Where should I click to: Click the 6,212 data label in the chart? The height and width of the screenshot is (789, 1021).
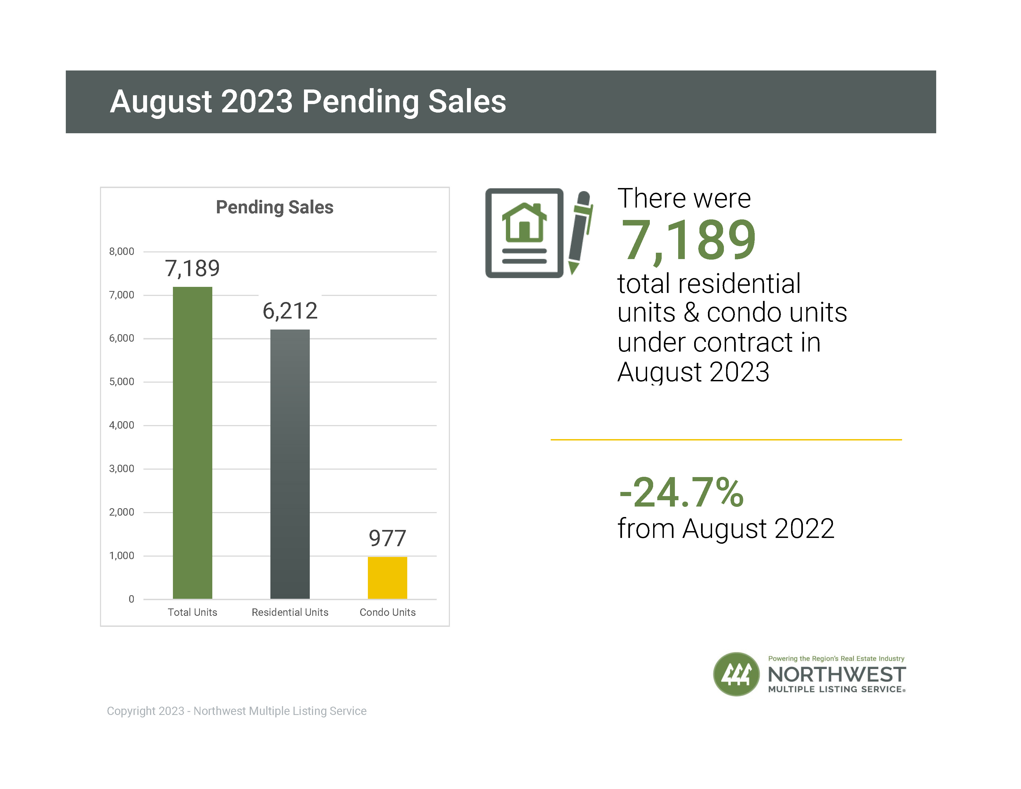[290, 311]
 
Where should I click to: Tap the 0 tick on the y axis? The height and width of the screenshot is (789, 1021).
[131, 599]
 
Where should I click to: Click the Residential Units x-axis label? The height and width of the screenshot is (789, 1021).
[290, 612]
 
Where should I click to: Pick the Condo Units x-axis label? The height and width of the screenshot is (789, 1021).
[387, 612]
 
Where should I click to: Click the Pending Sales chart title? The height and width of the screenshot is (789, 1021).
[275, 207]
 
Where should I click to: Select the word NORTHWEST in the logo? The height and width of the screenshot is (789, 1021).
[837, 674]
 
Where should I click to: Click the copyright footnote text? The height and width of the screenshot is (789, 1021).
[237, 711]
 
